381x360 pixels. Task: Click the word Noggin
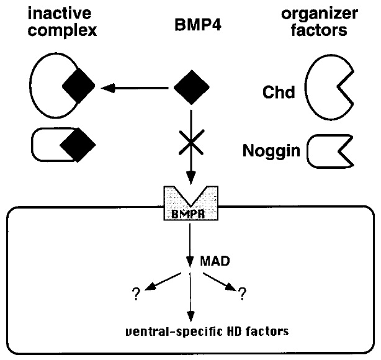coord(270,150)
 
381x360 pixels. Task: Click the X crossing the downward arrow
coord(191,147)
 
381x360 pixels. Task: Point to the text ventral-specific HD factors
coord(192,330)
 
